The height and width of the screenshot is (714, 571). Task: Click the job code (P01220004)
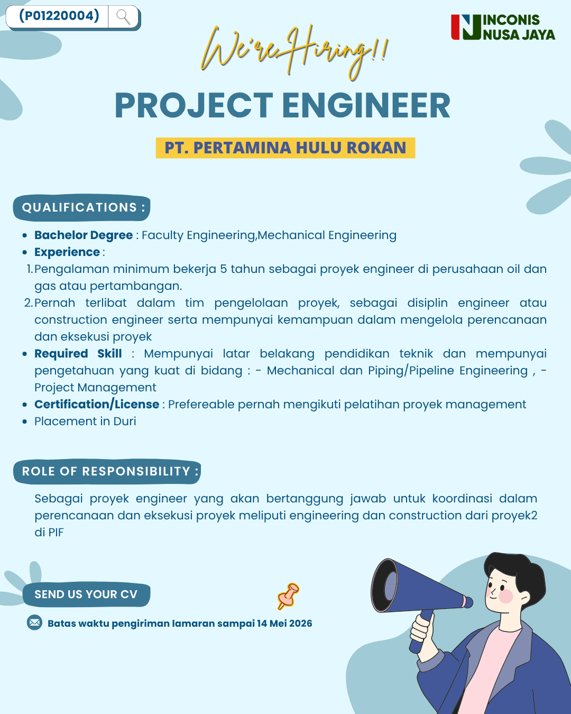click(59, 15)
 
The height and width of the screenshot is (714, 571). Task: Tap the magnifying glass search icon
click(123, 17)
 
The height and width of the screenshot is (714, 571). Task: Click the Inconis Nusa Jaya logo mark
click(466, 27)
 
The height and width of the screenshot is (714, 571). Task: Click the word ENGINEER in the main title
click(366, 105)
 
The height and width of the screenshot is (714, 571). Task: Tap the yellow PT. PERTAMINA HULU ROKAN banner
click(285, 148)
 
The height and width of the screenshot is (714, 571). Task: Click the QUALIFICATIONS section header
click(81, 208)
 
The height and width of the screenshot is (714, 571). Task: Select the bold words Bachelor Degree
click(84, 235)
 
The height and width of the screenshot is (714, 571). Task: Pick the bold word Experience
click(67, 252)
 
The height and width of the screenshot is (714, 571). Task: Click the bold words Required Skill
click(78, 353)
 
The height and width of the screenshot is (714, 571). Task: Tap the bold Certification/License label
click(97, 404)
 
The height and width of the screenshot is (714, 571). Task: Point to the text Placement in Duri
click(85, 422)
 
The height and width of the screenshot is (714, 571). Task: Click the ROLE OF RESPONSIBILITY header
click(107, 471)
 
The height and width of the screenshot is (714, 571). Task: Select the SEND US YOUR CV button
click(86, 594)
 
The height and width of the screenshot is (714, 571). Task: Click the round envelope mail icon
click(34, 623)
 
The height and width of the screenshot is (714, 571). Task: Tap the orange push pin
click(288, 597)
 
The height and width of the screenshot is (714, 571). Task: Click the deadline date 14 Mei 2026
click(284, 624)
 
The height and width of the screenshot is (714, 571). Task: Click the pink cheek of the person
click(506, 596)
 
